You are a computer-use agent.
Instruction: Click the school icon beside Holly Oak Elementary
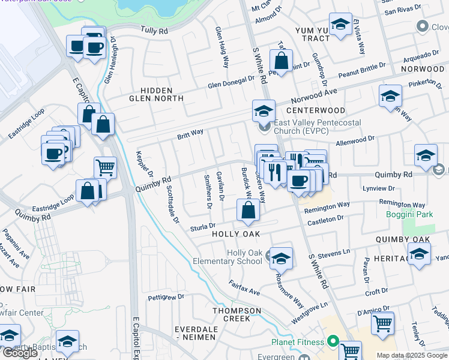coord(281,258)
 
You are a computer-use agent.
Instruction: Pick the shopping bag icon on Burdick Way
coord(247,210)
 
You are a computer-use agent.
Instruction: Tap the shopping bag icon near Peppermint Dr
coord(281,60)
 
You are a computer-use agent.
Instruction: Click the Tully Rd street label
coord(152,29)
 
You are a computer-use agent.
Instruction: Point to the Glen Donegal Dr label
coord(231,84)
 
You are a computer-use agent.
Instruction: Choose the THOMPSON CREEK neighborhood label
coord(237,314)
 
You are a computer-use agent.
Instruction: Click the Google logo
coord(20,353)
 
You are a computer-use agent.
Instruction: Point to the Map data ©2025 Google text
coord(412,355)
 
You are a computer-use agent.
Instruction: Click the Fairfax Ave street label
coord(244,287)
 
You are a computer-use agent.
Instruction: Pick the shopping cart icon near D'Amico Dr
coord(382,323)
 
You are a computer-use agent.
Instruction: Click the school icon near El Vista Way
coord(341,25)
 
